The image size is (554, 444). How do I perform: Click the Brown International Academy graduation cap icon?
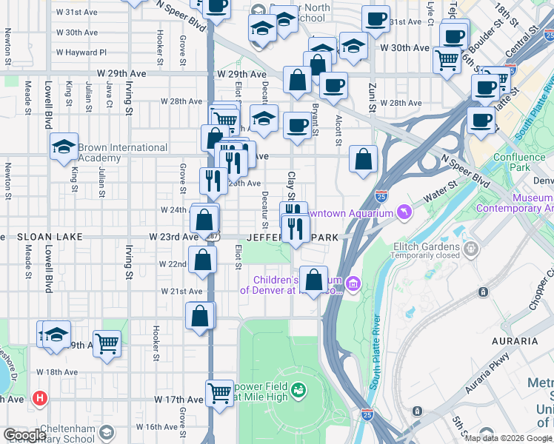(x=64, y=146)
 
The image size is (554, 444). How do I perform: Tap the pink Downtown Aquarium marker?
(x=403, y=213)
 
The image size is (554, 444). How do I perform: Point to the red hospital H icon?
(x=40, y=398)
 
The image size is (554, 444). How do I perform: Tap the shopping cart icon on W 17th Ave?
(x=219, y=391)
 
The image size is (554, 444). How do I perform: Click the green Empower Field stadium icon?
(x=298, y=388)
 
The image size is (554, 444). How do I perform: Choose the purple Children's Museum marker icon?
(x=353, y=283)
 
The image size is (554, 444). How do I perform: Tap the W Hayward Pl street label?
(x=81, y=53)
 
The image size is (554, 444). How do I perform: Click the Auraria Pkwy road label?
(x=488, y=383)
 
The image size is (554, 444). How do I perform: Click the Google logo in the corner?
(x=24, y=435)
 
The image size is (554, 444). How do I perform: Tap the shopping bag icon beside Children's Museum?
(x=314, y=279)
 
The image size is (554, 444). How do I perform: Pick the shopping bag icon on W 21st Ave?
(x=201, y=316)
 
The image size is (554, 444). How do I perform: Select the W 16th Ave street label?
(x=161, y=427)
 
